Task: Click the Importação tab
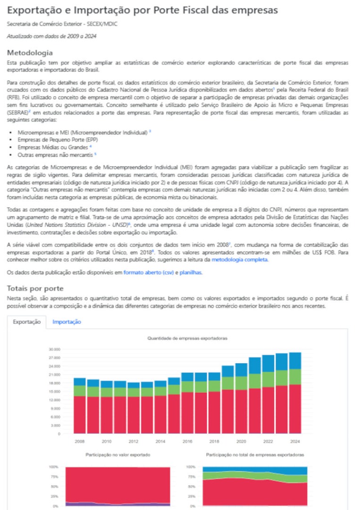(67, 322)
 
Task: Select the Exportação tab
(26, 322)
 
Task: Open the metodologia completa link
(240, 259)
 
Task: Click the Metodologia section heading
(30, 52)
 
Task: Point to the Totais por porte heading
(35, 288)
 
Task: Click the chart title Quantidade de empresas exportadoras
(187, 338)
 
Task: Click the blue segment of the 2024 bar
(295, 360)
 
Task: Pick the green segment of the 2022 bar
(268, 379)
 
